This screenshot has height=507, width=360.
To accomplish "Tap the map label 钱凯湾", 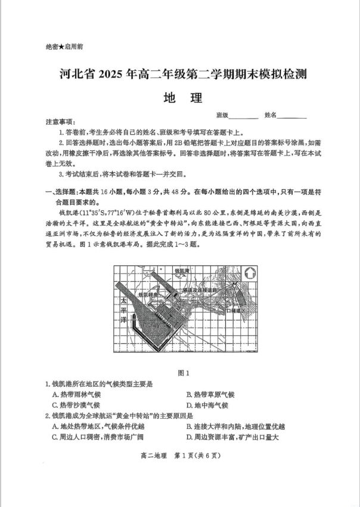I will (x=182, y=270).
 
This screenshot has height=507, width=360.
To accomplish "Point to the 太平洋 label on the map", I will (x=123, y=311).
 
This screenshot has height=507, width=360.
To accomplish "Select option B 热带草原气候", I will (x=210, y=394).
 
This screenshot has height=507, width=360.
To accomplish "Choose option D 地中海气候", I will (x=207, y=405).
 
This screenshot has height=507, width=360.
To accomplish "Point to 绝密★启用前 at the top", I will (x=64, y=46).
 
